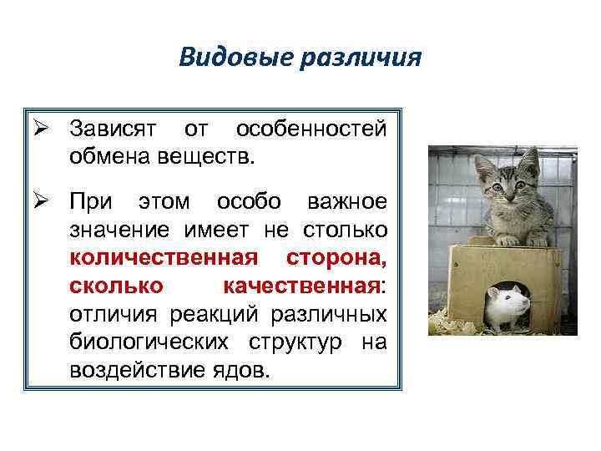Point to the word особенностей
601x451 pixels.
(311, 130)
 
